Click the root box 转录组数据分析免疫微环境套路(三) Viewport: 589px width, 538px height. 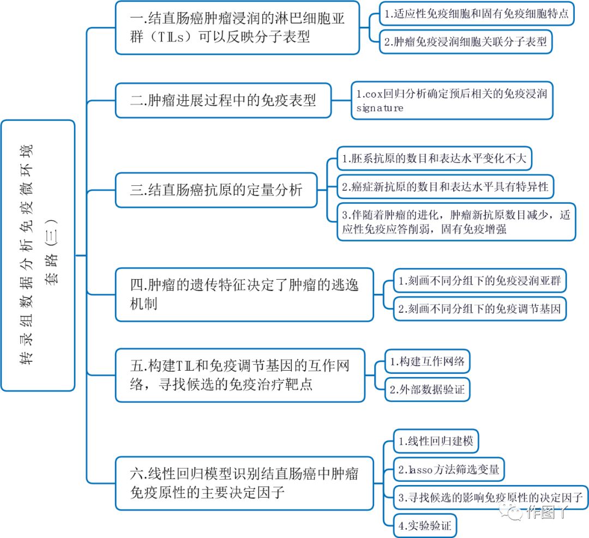coord(38,255)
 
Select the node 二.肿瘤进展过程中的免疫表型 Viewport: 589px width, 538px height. coord(223,100)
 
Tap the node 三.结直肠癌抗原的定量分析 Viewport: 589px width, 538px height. coord(216,190)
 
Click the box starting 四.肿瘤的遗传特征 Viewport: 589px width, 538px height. coord(244,294)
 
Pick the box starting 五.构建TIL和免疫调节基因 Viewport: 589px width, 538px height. coord(239,375)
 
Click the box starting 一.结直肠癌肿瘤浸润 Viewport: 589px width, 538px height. coord(237,27)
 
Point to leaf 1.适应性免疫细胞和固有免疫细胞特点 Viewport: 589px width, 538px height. coord(476,15)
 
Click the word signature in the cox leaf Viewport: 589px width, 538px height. coord(380,108)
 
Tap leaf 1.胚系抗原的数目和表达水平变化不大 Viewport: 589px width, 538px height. coord(434,159)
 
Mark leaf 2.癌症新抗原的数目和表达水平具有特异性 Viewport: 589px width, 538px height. coord(444,187)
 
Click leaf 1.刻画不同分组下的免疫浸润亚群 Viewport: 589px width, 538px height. coord(479,281)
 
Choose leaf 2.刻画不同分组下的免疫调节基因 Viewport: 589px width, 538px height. coord(479,309)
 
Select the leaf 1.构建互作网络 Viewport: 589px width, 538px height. coord(427,361)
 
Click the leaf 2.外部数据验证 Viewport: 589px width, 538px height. coord(427,390)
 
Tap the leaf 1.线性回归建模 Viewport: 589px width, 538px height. coord(435,441)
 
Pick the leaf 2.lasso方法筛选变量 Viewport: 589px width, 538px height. coord(449,469)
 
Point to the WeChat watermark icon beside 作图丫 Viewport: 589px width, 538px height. coord(512,511)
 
